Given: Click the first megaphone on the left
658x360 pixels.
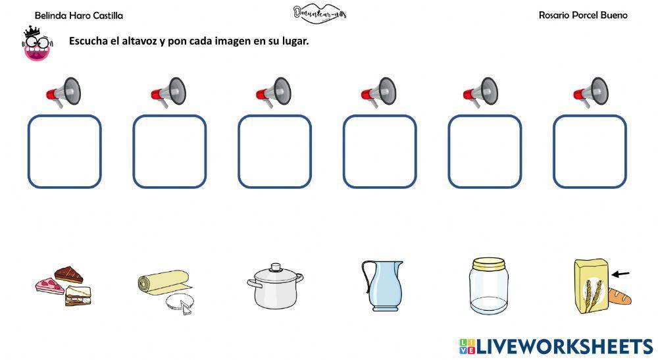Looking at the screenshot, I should pyautogui.click(x=64, y=91).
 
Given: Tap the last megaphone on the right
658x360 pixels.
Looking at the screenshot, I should pyautogui.click(x=590, y=91).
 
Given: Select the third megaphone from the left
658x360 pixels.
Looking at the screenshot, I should pyautogui.click(x=274, y=91).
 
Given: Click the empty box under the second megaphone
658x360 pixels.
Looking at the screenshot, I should pyautogui.click(x=170, y=151).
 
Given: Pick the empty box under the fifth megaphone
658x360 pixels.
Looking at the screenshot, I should pyautogui.click(x=484, y=151).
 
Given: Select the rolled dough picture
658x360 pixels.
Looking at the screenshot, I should pyautogui.click(x=164, y=288).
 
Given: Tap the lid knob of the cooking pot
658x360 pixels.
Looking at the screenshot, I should pyautogui.click(x=275, y=267).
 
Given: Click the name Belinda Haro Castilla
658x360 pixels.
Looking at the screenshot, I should pyautogui.click(x=78, y=15).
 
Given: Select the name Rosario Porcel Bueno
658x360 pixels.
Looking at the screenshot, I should pyautogui.click(x=582, y=15).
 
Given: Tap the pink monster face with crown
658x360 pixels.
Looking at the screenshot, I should pyautogui.click(x=37, y=45).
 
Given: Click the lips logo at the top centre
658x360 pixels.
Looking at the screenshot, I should pyautogui.click(x=319, y=14).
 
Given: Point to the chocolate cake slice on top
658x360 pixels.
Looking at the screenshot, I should pyautogui.click(x=68, y=273).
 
